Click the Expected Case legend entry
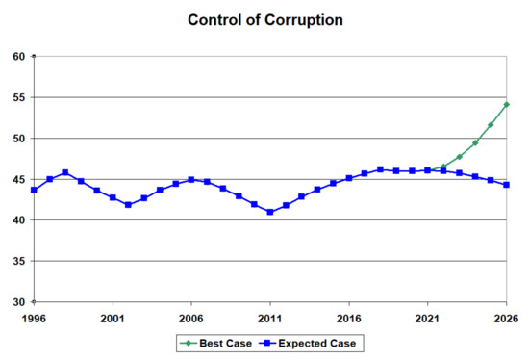click(x=309, y=342)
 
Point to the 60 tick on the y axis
click(x=20, y=57)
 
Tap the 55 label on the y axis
click(x=20, y=98)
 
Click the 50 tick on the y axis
click(x=20, y=139)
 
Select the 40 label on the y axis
click(x=20, y=220)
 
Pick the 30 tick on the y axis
click(x=20, y=302)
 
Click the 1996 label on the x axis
click(x=34, y=316)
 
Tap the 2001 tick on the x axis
click(x=113, y=316)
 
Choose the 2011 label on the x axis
click(x=270, y=316)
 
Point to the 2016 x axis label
click(x=349, y=316)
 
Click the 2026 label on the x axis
click(x=506, y=316)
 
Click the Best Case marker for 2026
click(x=507, y=105)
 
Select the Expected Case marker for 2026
click(x=507, y=185)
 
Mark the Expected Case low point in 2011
click(x=270, y=212)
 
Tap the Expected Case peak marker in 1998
click(x=65, y=173)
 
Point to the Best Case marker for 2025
click(x=491, y=125)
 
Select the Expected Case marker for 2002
click(x=128, y=205)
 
